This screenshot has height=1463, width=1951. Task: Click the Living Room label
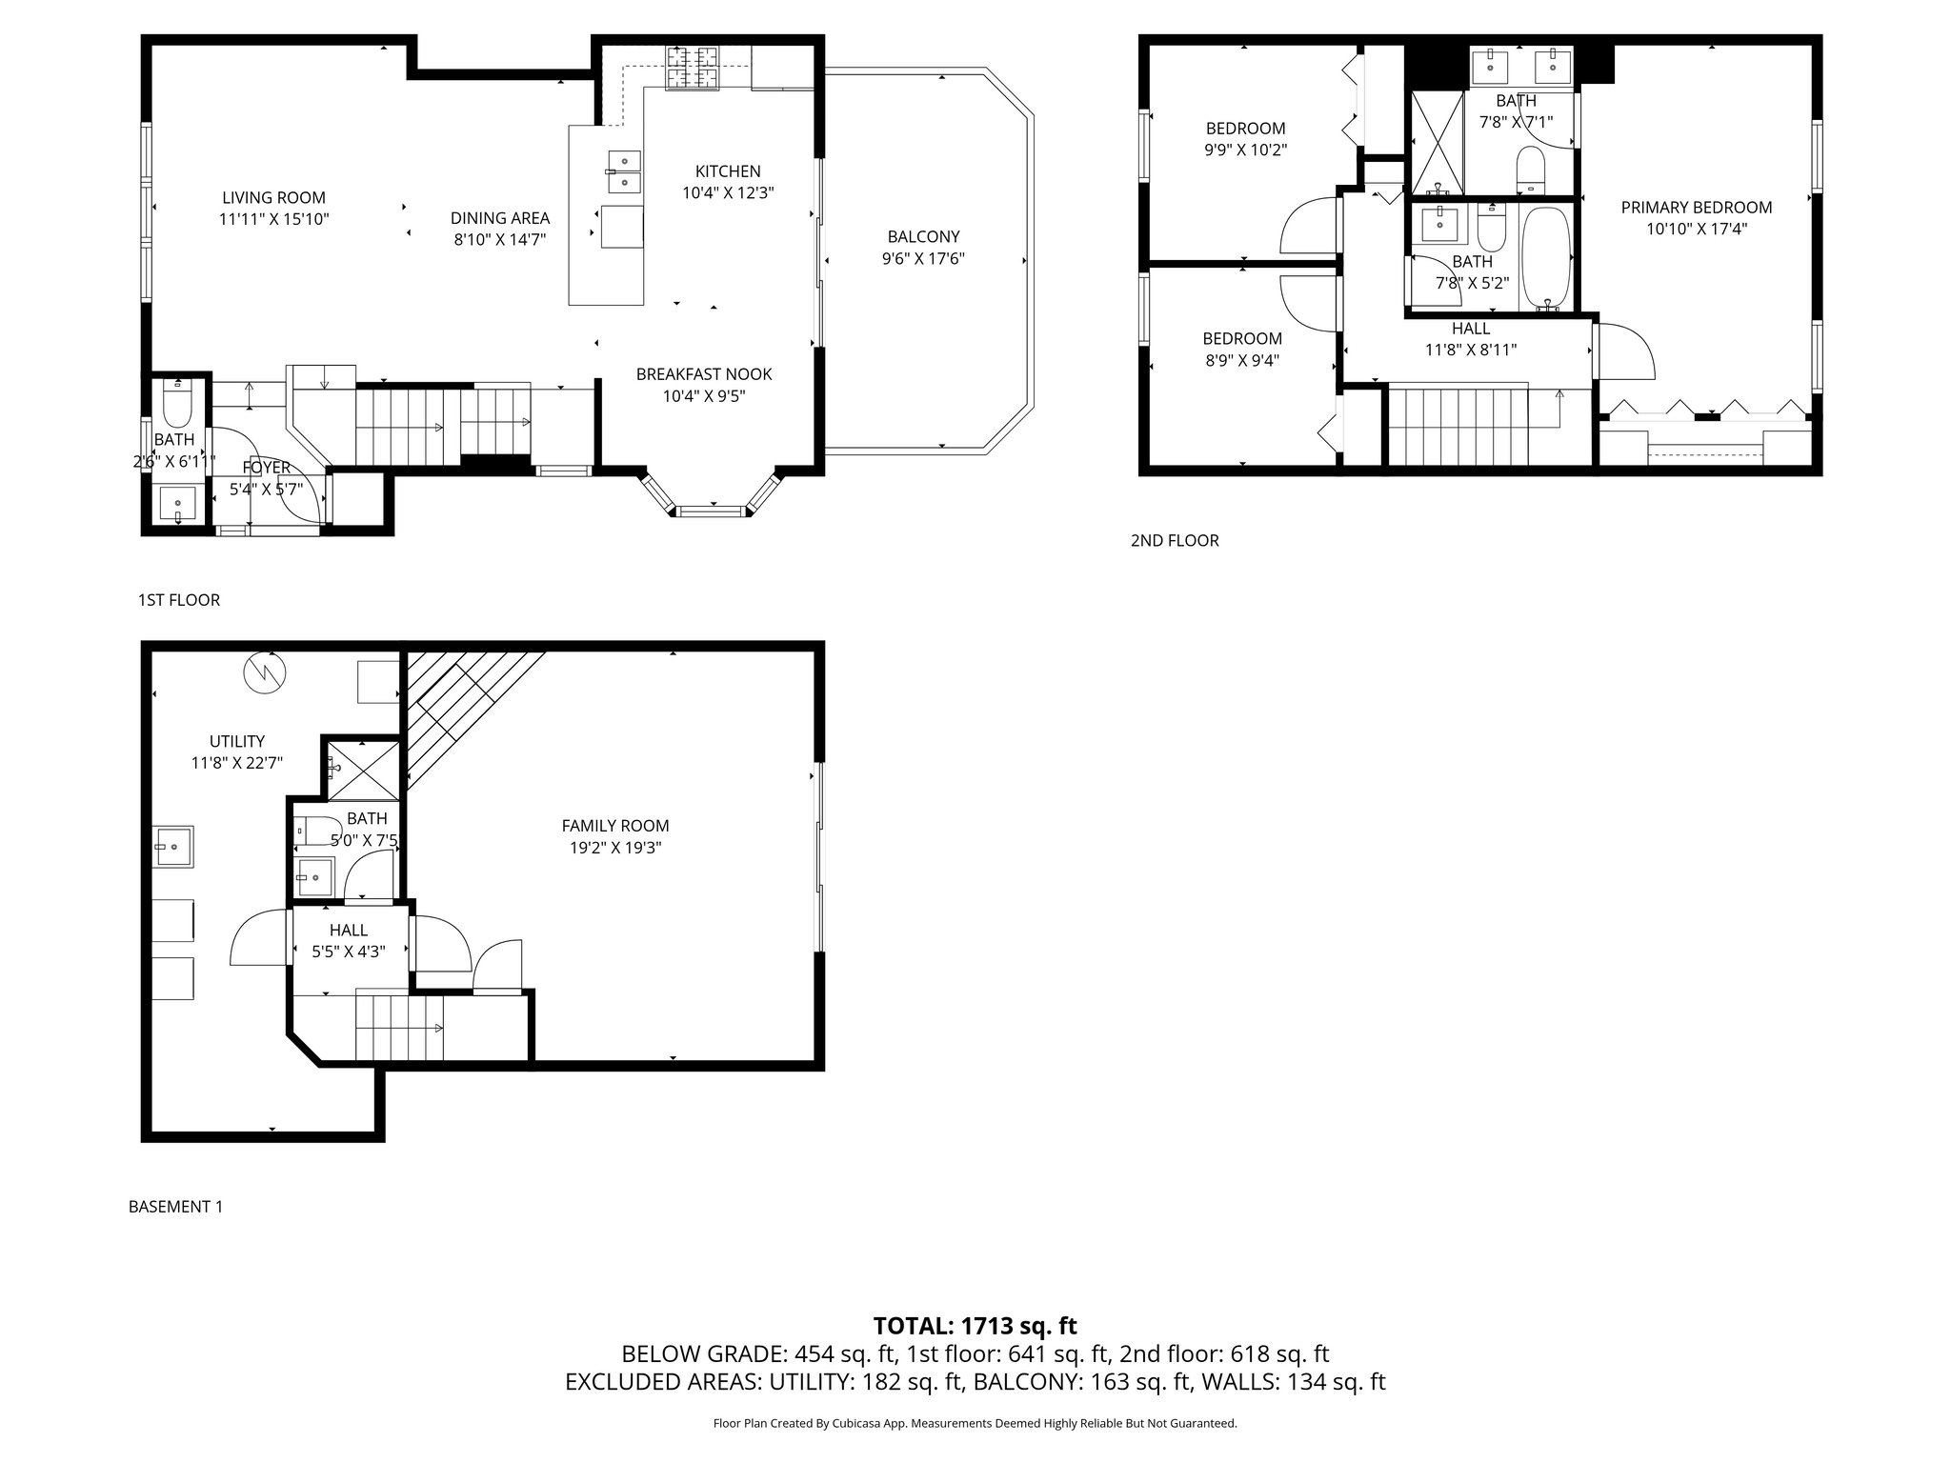point(273,198)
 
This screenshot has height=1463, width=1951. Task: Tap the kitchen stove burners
point(692,68)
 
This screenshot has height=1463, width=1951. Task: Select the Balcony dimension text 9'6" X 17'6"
point(923,258)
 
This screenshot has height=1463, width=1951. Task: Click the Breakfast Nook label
point(704,374)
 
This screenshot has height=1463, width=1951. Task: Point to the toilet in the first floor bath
point(177,406)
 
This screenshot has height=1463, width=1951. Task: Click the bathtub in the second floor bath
point(1545,257)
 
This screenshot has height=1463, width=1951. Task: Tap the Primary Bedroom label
point(1696,208)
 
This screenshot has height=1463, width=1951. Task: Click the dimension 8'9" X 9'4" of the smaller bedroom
point(1241,360)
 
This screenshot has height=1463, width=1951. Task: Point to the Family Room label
point(614,826)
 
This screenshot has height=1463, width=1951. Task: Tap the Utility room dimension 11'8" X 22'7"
point(236,763)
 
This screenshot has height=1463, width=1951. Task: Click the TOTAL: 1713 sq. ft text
point(975,1326)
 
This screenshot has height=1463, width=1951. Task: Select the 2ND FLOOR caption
point(1174,541)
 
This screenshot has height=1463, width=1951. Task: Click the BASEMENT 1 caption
point(175,1207)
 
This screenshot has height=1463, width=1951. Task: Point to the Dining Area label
point(499,218)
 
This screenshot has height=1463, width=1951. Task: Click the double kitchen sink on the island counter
point(624,171)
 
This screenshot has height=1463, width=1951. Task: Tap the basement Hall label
point(348,931)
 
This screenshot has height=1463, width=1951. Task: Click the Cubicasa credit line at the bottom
point(975,1424)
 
